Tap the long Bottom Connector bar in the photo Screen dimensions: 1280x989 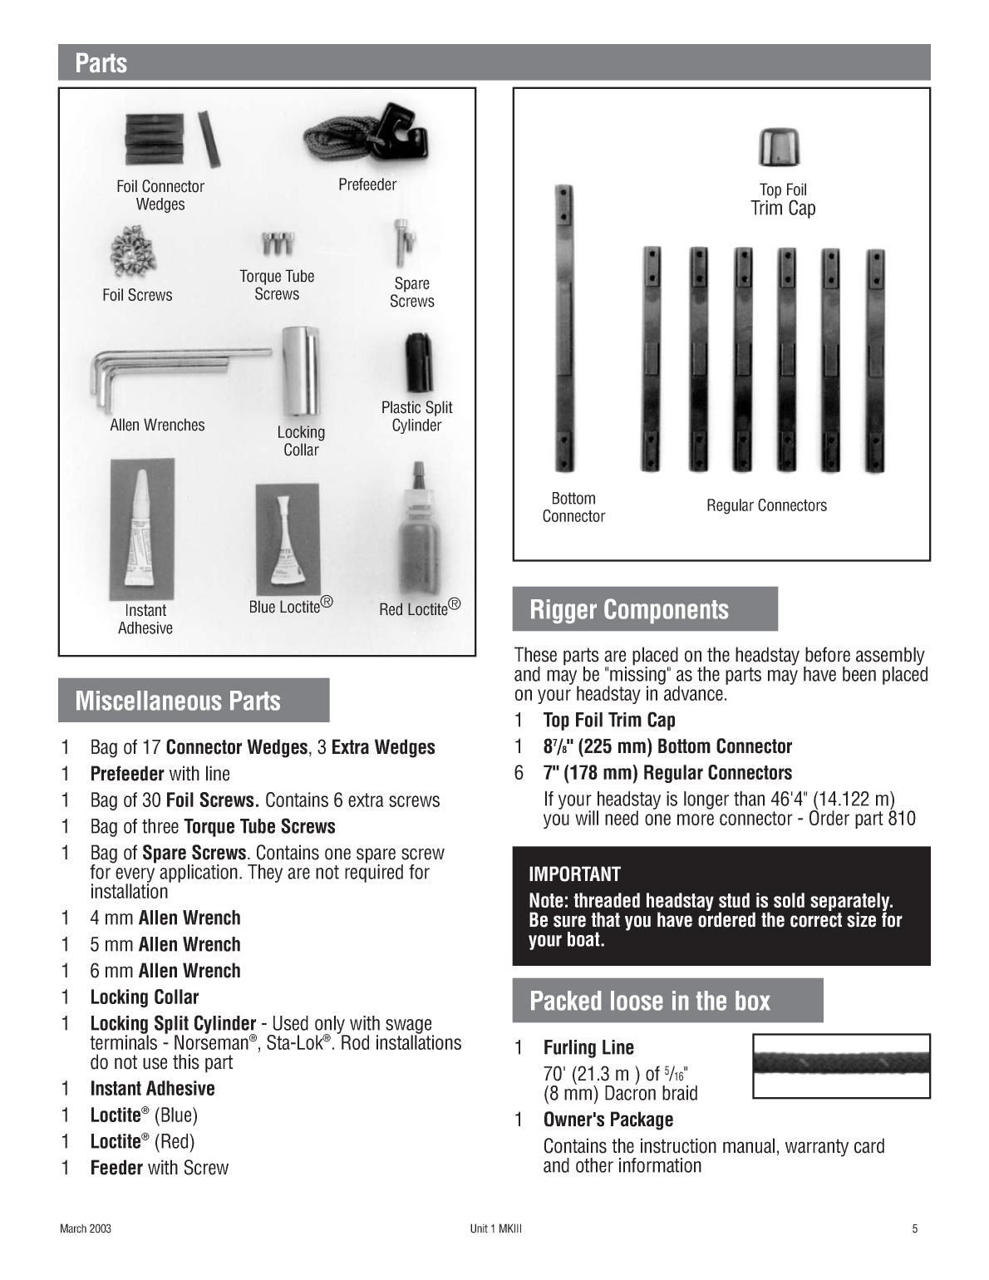pyautogui.click(x=564, y=328)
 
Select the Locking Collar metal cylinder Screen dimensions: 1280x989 pyautogui.click(x=300, y=371)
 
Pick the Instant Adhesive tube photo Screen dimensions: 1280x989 pyautogui.click(x=143, y=529)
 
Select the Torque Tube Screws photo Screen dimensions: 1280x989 pyautogui.click(x=277, y=243)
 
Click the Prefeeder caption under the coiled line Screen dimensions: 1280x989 pyautogui.click(x=367, y=185)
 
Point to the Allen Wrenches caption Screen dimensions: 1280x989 pyautogui.click(x=157, y=425)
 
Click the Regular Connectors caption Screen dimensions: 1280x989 pyautogui.click(x=766, y=505)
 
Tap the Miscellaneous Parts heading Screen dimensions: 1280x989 pyautogui.click(x=178, y=701)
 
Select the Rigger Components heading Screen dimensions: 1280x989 pyautogui.click(x=629, y=609)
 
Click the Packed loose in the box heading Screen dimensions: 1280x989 pyautogui.click(x=650, y=1001)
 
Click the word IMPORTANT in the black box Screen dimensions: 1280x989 pyautogui.click(x=574, y=874)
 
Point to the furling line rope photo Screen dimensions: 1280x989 pyautogui.click(x=840, y=1066)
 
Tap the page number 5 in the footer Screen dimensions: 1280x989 pyautogui.click(x=915, y=1229)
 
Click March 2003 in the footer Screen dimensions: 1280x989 pyautogui.click(x=85, y=1229)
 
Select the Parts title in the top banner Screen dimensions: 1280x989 pyautogui.click(x=101, y=63)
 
